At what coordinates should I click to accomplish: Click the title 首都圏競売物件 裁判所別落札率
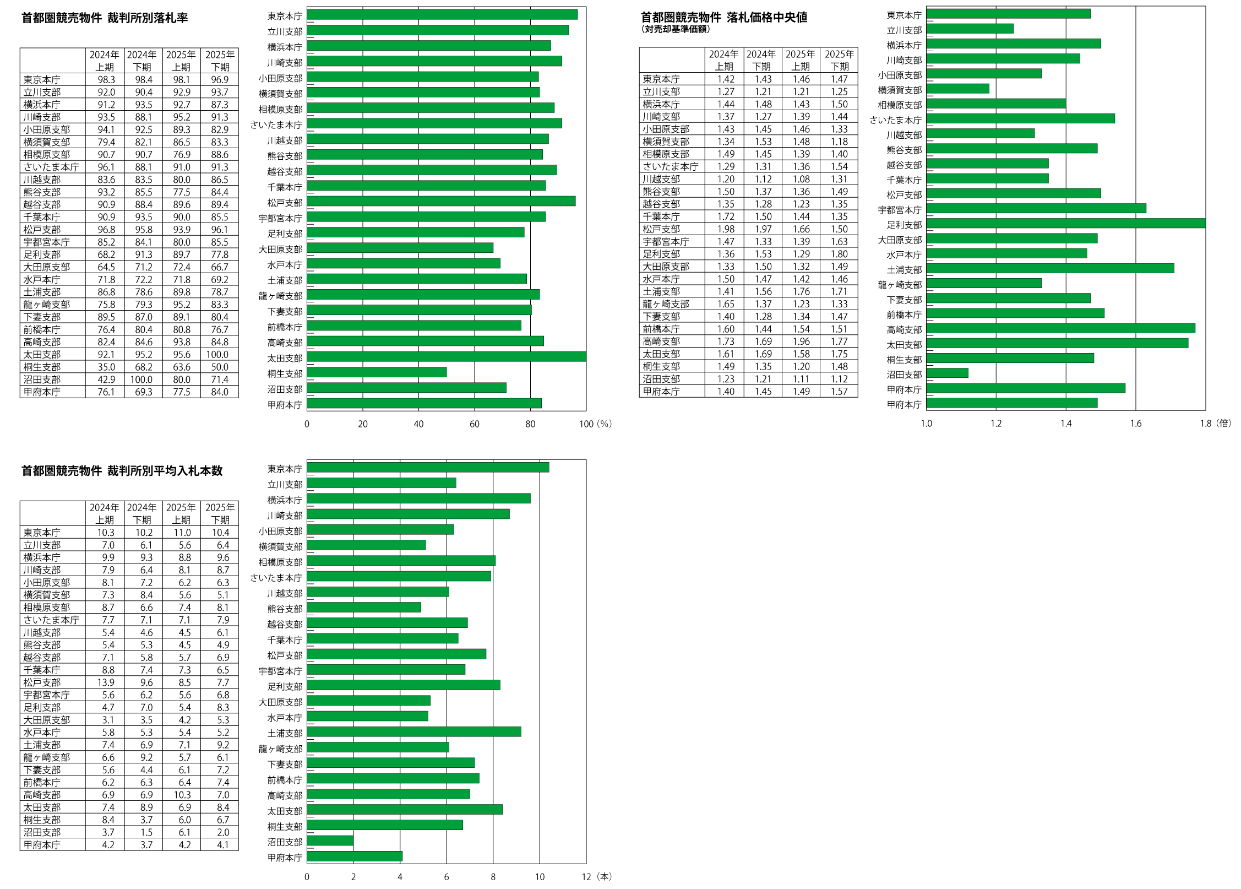coord(105,18)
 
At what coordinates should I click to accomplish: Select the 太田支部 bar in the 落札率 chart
coord(446,357)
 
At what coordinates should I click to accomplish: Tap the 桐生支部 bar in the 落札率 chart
coord(377,372)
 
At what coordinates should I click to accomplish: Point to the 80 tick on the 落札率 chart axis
coord(530,424)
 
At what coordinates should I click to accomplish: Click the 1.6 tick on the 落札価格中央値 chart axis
coord(1136,424)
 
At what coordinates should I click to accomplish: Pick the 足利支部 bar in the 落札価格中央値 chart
coord(1065,224)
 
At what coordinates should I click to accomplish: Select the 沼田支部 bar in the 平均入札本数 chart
coord(330,841)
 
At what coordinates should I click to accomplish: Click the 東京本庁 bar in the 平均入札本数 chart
coord(428,468)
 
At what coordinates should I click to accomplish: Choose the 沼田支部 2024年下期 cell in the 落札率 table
coord(141,380)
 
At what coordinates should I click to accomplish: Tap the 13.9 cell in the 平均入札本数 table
coord(106,682)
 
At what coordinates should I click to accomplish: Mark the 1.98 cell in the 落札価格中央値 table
coord(726,229)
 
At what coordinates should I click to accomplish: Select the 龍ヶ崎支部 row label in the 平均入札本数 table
coord(47,757)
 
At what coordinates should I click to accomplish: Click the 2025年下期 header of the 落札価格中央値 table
coord(839,60)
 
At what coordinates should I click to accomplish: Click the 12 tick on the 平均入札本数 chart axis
coord(586,877)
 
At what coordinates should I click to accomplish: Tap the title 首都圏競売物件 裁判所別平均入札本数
coord(122,471)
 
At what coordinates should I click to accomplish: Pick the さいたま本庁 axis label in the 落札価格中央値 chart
coord(895,120)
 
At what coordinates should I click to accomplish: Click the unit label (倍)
coord(1223,424)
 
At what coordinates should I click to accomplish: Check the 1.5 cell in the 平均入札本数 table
coord(146,832)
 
